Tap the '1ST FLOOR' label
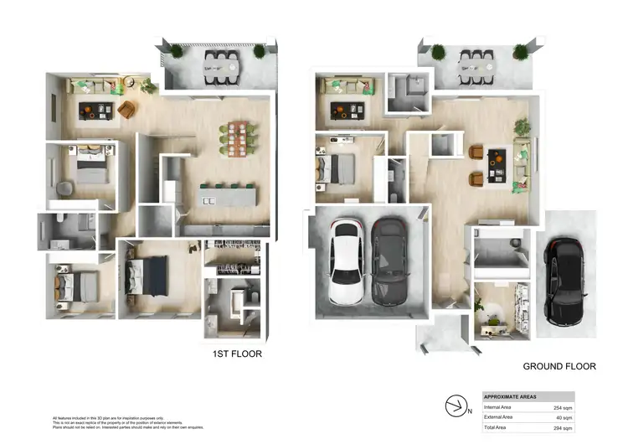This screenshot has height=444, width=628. [237, 354]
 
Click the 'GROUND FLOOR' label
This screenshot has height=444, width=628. [559, 366]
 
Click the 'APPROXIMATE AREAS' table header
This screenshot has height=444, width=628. [512, 396]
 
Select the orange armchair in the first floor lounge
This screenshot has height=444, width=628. [127, 109]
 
